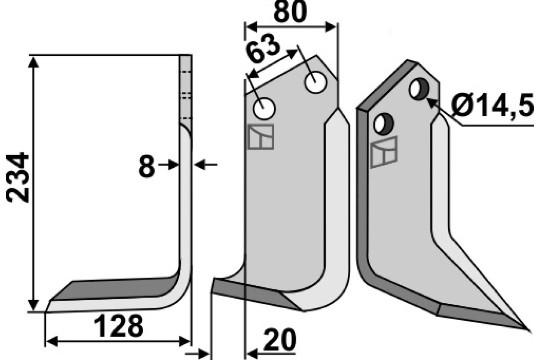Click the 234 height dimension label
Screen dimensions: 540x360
pyautogui.click(x=18, y=177)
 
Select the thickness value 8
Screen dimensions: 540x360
pyautogui.click(x=147, y=166)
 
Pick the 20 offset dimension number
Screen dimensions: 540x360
pyautogui.click(x=279, y=340)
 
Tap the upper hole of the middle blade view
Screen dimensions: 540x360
pyautogui.click(x=315, y=82)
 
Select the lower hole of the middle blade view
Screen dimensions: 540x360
pyautogui.click(x=264, y=108)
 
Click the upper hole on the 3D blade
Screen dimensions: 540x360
pyautogui.click(x=419, y=89)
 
